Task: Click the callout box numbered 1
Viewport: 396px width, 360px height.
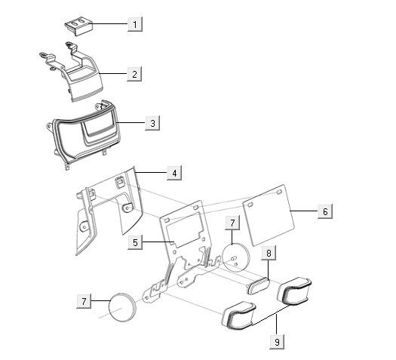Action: click(x=135, y=24)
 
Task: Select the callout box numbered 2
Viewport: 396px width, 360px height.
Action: click(x=134, y=74)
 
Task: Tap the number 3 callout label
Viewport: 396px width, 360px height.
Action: click(x=152, y=122)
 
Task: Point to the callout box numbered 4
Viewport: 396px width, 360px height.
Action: click(x=174, y=173)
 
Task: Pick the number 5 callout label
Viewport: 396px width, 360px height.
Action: click(x=134, y=242)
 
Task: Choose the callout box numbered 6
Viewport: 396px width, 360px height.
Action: click(x=325, y=211)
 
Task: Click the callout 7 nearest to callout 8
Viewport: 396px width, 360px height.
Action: click(x=234, y=223)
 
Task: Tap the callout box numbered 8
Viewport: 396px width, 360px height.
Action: click(x=269, y=253)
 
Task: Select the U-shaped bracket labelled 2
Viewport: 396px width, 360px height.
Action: click(x=79, y=75)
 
